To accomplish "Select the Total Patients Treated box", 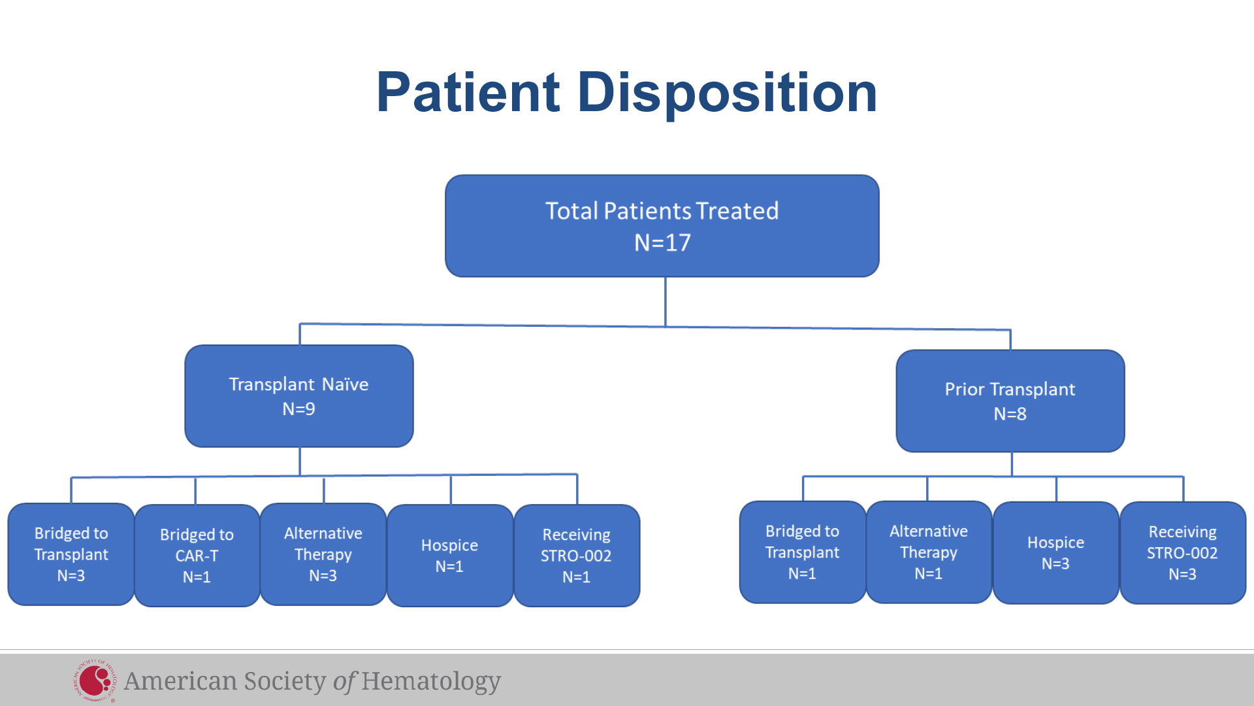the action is pos(662,226).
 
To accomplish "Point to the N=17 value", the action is pos(662,243).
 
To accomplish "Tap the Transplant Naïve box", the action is pos(299,396).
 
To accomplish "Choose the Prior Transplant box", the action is pos(1010,401).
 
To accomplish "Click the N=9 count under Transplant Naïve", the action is pos(298,409).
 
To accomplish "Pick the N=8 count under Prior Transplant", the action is pos(1010,414).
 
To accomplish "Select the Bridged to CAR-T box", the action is pos(197,556).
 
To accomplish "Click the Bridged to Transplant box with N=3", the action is pos(71,554).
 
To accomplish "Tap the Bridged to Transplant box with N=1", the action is pos(803,552).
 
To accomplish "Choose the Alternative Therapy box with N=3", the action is pos(323,554).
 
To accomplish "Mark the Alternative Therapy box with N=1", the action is pos(929,552).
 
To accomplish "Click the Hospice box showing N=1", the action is pos(450,556).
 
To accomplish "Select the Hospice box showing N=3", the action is pos(1056,553).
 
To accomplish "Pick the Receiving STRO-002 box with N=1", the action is pos(577,556).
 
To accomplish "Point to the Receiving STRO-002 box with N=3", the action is pos(1183,553).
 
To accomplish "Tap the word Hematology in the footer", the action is pos(431,681).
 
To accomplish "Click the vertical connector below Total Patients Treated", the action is pos(666,302).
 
